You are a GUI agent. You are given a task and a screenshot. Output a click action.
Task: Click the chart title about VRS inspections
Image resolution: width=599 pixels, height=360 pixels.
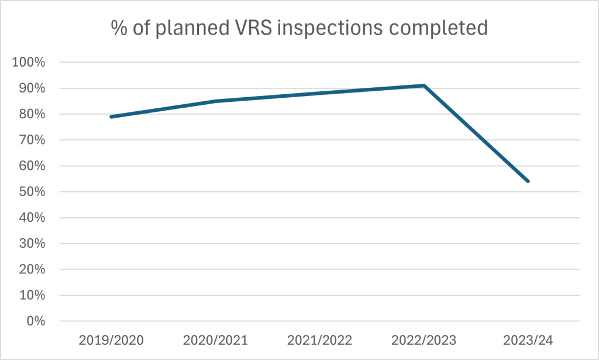point(299,28)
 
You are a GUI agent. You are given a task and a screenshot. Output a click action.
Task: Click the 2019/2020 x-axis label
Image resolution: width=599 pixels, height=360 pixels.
point(111,340)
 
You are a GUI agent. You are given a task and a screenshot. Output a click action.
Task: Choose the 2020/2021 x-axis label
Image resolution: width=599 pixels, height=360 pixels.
point(215,340)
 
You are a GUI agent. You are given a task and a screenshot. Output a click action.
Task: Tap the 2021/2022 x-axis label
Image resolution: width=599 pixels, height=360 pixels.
point(319,340)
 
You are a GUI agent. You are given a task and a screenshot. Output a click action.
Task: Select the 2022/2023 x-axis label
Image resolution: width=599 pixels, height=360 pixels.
point(424,340)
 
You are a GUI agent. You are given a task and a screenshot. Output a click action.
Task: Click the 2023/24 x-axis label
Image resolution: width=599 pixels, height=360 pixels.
point(528,340)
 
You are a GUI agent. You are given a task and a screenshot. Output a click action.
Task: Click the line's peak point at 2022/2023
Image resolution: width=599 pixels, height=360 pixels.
point(424,85)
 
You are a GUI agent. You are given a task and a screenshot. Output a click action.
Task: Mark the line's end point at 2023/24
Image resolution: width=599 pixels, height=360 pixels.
point(528,181)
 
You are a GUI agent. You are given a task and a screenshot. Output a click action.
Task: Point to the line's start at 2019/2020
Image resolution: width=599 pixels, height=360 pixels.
point(111,116)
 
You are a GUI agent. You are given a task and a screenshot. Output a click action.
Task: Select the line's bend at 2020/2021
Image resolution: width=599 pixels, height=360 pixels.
point(215,101)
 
